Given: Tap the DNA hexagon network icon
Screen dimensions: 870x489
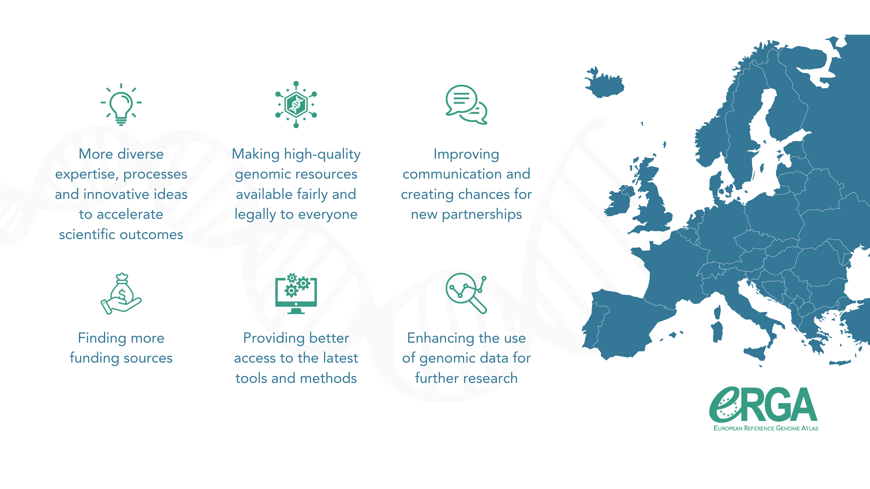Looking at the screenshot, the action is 296,105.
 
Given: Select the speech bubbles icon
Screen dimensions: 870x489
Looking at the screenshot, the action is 467,105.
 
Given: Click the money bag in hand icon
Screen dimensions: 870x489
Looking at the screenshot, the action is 121,294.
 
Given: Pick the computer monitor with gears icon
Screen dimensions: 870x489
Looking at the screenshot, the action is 296,294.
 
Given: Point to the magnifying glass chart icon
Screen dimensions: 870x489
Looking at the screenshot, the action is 467,293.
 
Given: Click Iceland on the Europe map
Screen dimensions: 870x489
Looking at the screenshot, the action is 604,83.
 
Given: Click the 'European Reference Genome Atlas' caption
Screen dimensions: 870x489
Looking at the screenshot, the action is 766,428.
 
